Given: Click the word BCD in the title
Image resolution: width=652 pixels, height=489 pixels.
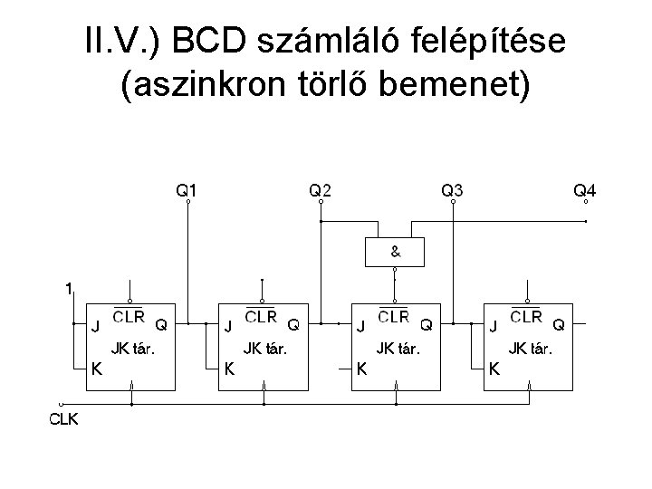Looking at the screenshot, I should [x=209, y=40].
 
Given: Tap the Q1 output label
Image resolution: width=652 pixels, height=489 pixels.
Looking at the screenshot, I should [x=187, y=190].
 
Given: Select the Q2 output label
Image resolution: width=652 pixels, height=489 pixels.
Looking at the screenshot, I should [x=321, y=190].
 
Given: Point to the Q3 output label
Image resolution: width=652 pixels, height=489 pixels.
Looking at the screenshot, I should [x=453, y=190].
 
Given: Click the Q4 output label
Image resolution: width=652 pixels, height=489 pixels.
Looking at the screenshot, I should [x=585, y=190].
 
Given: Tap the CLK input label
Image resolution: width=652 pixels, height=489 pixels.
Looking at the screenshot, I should [x=63, y=418].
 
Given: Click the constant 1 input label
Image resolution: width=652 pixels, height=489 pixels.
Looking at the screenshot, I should [x=68, y=290].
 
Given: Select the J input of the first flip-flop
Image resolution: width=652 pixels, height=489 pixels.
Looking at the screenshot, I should [x=95, y=326].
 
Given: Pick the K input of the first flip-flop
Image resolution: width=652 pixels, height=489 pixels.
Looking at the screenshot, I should [x=95, y=368].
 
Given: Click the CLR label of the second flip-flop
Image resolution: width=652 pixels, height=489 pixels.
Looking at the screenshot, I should [x=261, y=317].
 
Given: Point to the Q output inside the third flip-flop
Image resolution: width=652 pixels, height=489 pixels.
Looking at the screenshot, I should [x=427, y=323].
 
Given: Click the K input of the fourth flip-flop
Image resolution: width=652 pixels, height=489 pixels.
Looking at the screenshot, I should [x=494, y=368].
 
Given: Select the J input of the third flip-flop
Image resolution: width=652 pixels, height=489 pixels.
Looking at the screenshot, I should [x=361, y=326].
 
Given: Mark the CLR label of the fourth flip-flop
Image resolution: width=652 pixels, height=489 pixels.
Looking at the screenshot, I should [x=527, y=317].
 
